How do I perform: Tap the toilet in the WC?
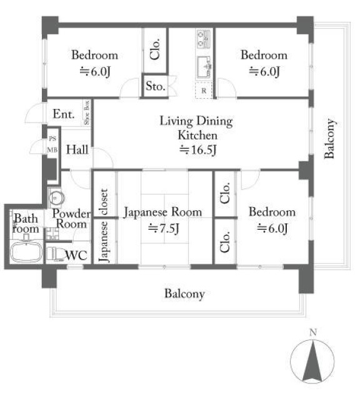pyautogui.click(x=54, y=254)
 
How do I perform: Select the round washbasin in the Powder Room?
pyautogui.click(x=56, y=198)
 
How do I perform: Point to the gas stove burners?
pyautogui.click(x=204, y=39)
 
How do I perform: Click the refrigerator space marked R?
pyautogui.click(x=204, y=90)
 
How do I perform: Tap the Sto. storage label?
pyautogui.click(x=156, y=86)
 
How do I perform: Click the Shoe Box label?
pyautogui.click(x=87, y=113)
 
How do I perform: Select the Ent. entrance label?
pyautogui.click(x=64, y=114)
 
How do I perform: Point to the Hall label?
pyautogui.click(x=77, y=150)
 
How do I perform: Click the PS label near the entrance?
pyautogui.click(x=52, y=139)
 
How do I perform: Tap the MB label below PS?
pyautogui.click(x=52, y=150)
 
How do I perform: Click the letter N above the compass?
pyautogui.click(x=313, y=332)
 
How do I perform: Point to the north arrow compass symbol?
pyautogui.click(x=312, y=361)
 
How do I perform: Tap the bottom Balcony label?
pyautogui.click(x=184, y=294)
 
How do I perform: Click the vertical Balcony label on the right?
pyautogui.click(x=329, y=138)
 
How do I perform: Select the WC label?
pyautogui.click(x=76, y=255)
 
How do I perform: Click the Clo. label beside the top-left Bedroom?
pyautogui.click(x=155, y=49)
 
